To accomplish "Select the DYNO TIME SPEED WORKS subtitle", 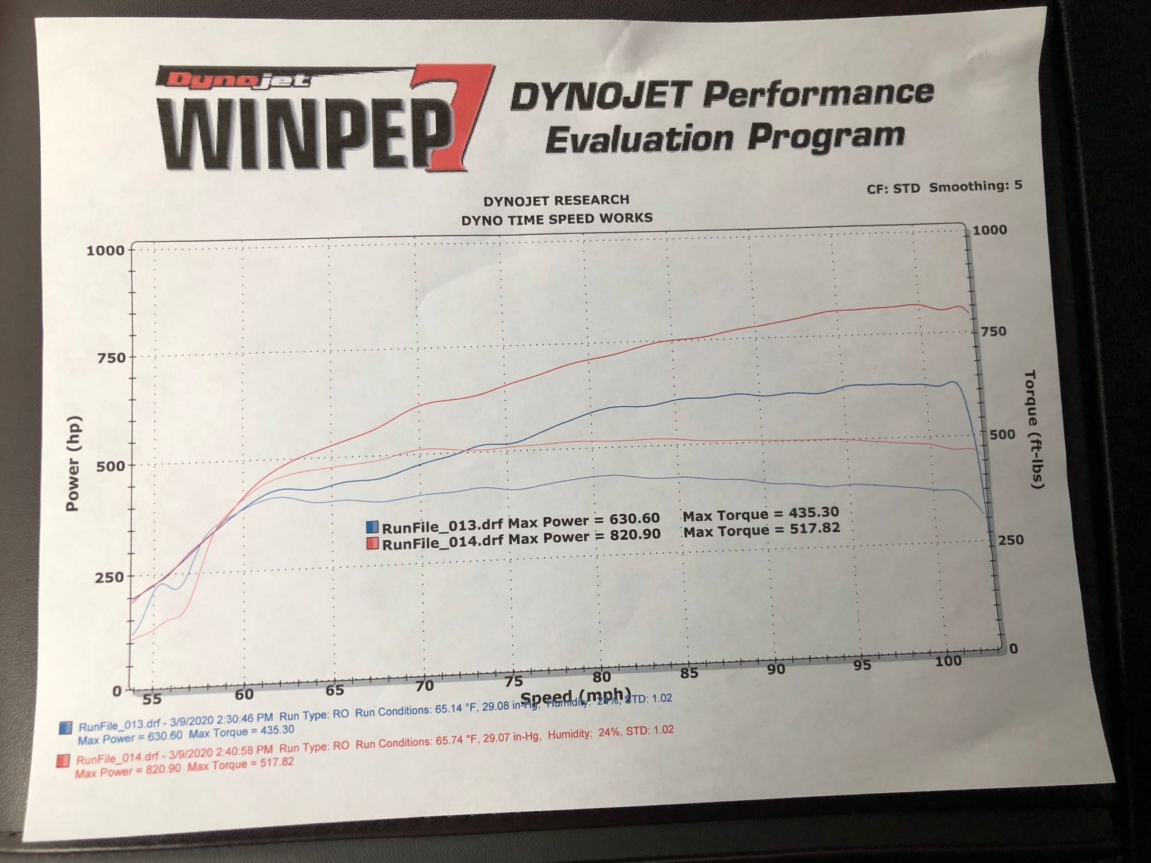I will [x=557, y=219].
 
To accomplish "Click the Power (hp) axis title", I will [x=73, y=463].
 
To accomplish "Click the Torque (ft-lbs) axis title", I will [x=1035, y=429].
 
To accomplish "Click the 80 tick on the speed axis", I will [x=601, y=677].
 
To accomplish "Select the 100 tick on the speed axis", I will [x=948, y=662].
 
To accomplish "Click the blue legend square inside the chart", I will [x=372, y=526].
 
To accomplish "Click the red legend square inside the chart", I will [x=372, y=543].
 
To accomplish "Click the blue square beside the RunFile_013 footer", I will [x=66, y=728].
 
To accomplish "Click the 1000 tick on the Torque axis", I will [x=990, y=230].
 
